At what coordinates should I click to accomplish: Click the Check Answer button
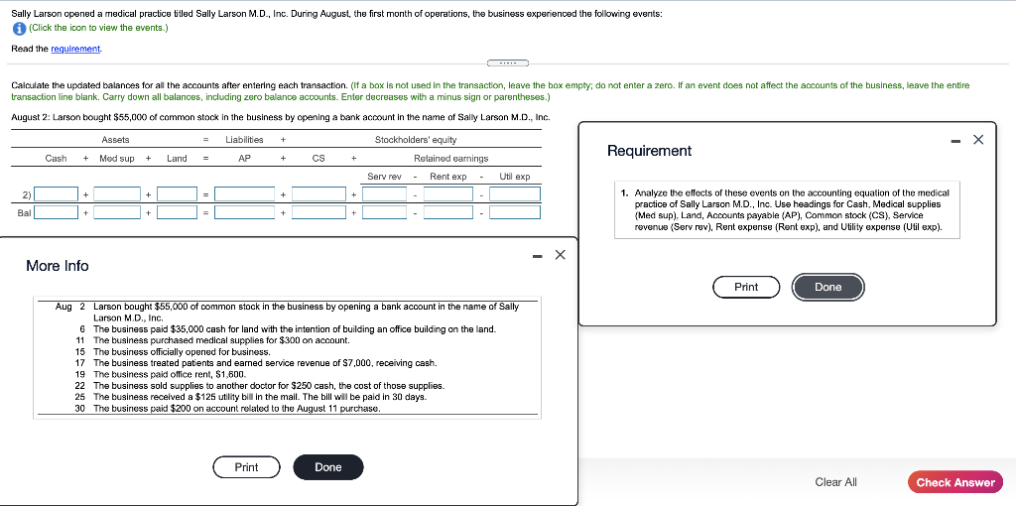[954, 482]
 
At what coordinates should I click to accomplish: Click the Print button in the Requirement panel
[746, 287]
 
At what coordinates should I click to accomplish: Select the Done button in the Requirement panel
[827, 287]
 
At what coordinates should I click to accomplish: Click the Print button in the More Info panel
[246, 467]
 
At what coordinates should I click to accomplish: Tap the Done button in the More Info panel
[327, 467]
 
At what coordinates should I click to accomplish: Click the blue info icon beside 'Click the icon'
[19, 28]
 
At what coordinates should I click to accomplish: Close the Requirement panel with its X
[978, 140]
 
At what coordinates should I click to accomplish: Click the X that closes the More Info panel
[561, 255]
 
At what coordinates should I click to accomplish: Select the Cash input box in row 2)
[59, 193]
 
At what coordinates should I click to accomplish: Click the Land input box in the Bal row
[177, 211]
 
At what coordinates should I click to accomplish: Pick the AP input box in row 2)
[245, 193]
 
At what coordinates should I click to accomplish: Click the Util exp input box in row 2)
[514, 193]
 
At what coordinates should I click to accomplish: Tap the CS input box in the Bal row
[318, 211]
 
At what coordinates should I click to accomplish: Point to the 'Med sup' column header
[117, 159]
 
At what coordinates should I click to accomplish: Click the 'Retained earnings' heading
[450, 159]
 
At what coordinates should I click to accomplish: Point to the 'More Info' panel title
[58, 266]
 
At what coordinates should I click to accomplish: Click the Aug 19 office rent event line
[169, 374]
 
